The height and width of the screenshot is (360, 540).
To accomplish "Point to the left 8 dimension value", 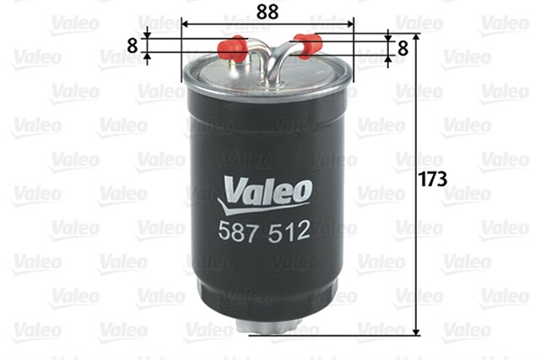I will tap(132, 45).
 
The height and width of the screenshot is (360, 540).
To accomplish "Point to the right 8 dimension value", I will tap(402, 48).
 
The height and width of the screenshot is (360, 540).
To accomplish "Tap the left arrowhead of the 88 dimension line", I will tap(186, 26).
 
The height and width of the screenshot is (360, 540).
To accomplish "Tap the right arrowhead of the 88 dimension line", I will tap(351, 26).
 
